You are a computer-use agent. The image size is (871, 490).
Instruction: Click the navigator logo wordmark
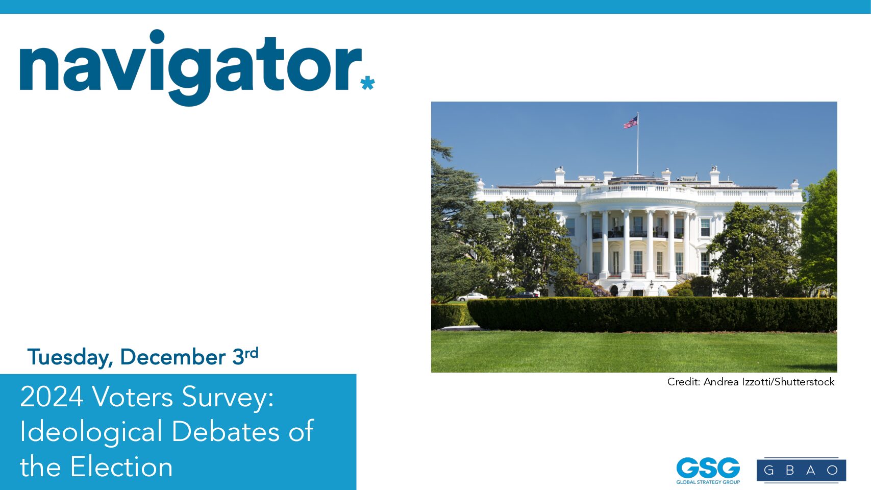click(x=190, y=67)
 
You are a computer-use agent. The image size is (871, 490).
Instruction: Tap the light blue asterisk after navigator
click(x=367, y=83)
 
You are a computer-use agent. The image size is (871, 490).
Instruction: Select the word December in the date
click(x=172, y=357)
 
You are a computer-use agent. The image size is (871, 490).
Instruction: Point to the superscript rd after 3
click(x=251, y=353)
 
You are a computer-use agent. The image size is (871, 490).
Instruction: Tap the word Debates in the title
click(x=225, y=431)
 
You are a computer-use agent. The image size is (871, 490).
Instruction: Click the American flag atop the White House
click(x=631, y=122)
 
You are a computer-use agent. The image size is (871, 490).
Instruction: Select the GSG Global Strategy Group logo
click(x=708, y=471)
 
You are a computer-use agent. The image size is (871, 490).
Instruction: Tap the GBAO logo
click(x=801, y=470)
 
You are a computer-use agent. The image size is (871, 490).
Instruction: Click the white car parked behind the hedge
click(x=471, y=297)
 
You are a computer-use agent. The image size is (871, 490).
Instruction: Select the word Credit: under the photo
click(x=684, y=382)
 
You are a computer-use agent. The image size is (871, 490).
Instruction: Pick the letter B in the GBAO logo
click(x=790, y=470)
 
